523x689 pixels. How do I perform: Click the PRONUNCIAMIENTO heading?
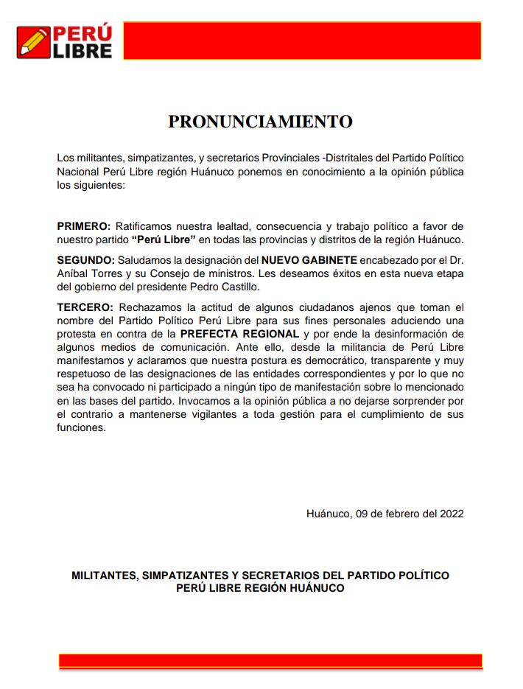pyautogui.click(x=260, y=122)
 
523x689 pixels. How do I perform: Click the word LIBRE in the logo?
pyautogui.click(x=82, y=51)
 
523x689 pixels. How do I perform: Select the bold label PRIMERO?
pyautogui.click(x=84, y=226)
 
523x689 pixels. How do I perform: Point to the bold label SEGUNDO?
pyautogui.click(x=85, y=260)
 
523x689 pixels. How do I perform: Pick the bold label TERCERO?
pyautogui.click(x=85, y=307)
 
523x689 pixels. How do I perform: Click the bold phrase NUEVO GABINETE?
pyautogui.click(x=309, y=260)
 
